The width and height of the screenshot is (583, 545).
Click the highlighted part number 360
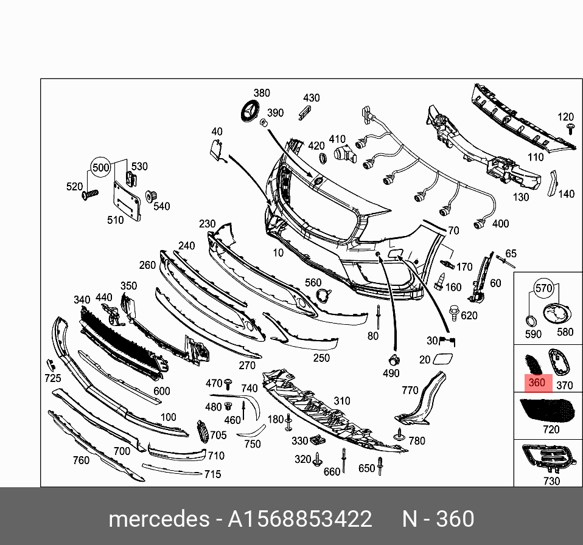pyautogui.click(x=537, y=383)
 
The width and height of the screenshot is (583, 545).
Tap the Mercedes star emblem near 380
pyautogui.click(x=251, y=110)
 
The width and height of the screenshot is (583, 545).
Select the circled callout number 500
pyautogui.click(x=101, y=167)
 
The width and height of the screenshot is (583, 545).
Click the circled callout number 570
pyautogui.click(x=543, y=288)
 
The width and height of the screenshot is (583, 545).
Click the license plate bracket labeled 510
pyautogui.click(x=127, y=201)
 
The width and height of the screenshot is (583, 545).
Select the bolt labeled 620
pyautogui.click(x=455, y=313)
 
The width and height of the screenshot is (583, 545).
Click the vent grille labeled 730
pyautogui.click(x=548, y=459)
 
